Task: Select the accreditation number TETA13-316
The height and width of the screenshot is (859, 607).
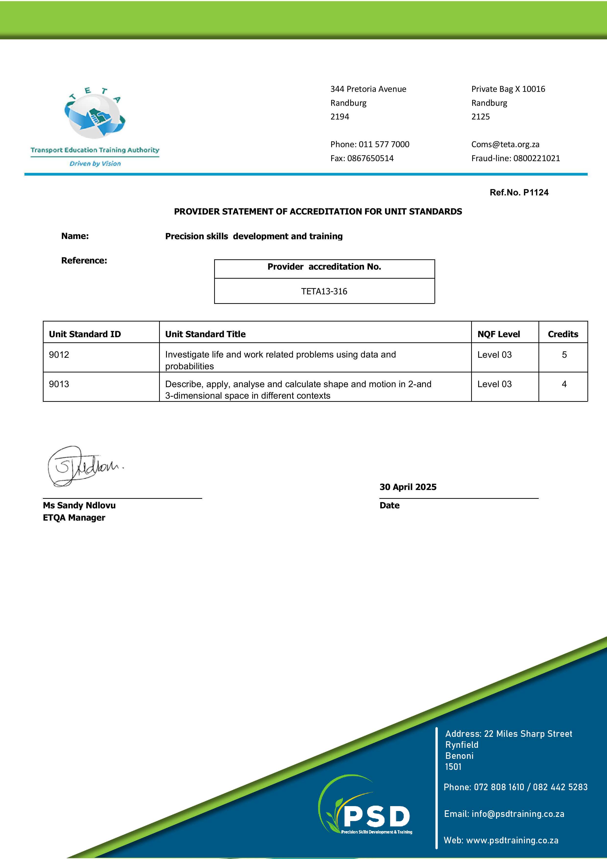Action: (x=324, y=291)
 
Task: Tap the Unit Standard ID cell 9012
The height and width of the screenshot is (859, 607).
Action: (x=59, y=354)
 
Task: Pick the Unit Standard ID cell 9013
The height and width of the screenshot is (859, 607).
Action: (x=59, y=384)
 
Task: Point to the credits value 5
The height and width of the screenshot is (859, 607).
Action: (x=564, y=354)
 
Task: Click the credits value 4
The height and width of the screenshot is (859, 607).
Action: (x=564, y=384)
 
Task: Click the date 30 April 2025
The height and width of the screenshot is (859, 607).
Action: (x=408, y=487)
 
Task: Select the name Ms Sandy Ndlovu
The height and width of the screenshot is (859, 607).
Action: (x=79, y=505)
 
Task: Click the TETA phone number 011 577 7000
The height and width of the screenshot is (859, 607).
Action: (x=384, y=144)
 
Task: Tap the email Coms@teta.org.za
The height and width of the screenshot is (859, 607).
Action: (x=505, y=144)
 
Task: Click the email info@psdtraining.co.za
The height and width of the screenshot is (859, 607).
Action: (x=518, y=813)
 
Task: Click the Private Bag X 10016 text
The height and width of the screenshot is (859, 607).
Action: (x=508, y=89)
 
